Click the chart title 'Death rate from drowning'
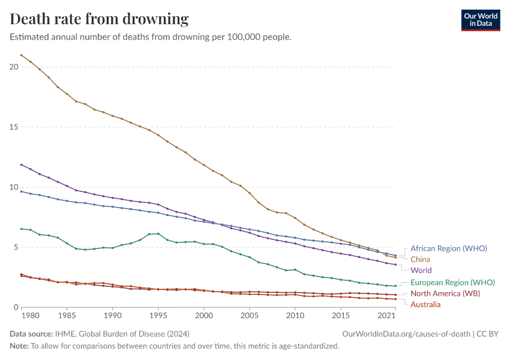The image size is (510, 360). coord(100,19)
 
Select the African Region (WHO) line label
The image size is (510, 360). coord(448,248)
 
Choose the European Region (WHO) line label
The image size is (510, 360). coord(452,282)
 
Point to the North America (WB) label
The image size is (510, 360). coord(445,293)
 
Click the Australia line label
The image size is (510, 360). coord(425,305)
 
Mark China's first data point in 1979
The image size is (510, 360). coord(22,55)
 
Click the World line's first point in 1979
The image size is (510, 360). coord(22,164)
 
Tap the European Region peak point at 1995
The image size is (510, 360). coord(158,233)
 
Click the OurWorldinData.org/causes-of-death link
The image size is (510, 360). coord(406,334)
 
